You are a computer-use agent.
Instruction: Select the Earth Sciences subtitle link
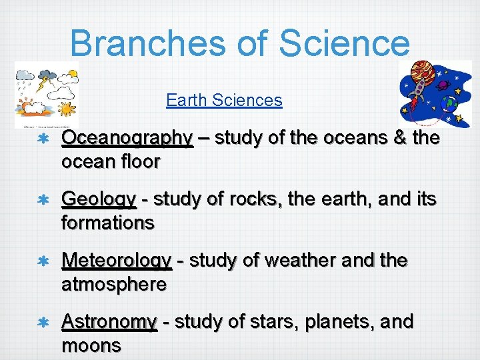tap(224, 101)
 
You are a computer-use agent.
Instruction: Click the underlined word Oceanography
tap(127, 139)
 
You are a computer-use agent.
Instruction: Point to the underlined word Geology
tap(98, 199)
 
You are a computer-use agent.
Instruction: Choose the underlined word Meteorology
tap(116, 261)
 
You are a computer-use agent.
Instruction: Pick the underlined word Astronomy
tap(109, 322)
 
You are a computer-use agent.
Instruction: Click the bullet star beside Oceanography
tap(41, 139)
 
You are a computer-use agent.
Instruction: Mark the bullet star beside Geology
tap(41, 200)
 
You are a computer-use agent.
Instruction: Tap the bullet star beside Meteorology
tap(41, 261)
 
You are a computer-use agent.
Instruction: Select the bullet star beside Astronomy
tap(41, 323)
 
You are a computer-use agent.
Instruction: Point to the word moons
tap(91, 346)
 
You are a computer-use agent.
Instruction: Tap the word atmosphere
tap(113, 285)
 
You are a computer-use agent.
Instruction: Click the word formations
tap(107, 223)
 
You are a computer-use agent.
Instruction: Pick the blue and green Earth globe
tap(451, 103)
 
